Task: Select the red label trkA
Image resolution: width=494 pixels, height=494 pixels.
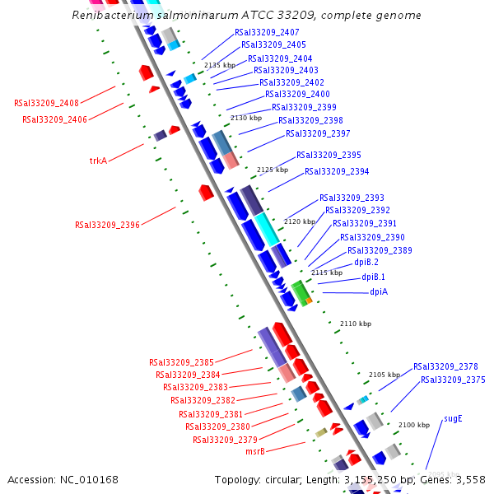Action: pyautogui.click(x=98, y=161)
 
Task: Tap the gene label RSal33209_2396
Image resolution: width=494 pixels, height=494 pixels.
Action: pyautogui.click(x=107, y=224)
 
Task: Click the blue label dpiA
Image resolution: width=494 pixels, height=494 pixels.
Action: pyautogui.click(x=379, y=291)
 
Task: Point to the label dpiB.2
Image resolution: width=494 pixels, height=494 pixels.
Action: pyautogui.click(x=366, y=262)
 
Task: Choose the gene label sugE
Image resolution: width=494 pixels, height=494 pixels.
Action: pyautogui.click(x=453, y=418)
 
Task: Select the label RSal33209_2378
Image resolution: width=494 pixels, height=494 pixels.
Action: pyautogui.click(x=445, y=366)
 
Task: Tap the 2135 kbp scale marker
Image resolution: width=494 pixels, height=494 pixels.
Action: pyautogui.click(x=219, y=65)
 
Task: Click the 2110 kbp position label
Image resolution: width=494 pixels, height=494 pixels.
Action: pyautogui.click(x=356, y=324)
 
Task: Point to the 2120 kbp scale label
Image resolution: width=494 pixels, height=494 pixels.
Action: pyautogui.click(x=300, y=221)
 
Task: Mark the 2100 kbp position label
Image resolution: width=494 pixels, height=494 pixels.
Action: pyautogui.click(x=414, y=425)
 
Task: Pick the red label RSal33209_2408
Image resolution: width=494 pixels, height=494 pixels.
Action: pyautogui.click(x=46, y=103)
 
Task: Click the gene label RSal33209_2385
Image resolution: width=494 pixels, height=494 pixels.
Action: pyautogui.click(x=181, y=361)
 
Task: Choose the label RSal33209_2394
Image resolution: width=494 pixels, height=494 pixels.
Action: pyautogui.click(x=337, y=171)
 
